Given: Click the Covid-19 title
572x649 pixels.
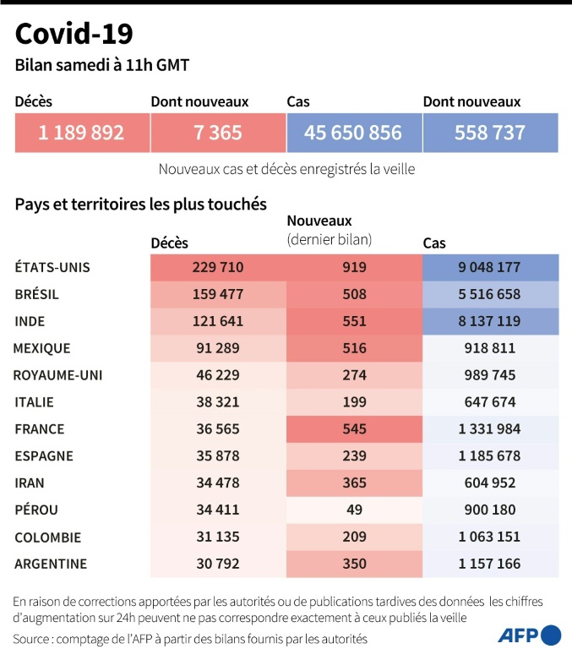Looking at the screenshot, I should click(x=74, y=34).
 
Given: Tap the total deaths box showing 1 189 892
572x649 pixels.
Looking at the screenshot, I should click(x=82, y=133).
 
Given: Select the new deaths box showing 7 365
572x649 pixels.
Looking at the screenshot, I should click(x=217, y=133).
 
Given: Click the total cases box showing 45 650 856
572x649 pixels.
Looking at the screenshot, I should click(x=353, y=133).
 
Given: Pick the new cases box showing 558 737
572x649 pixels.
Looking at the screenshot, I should click(x=490, y=133).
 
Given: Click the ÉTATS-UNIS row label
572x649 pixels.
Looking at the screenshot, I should click(x=52, y=268).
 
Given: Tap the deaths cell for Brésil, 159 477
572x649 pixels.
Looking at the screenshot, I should click(x=218, y=295).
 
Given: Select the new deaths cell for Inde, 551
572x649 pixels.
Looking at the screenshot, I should click(x=354, y=322).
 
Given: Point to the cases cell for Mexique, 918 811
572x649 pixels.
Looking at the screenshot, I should click(x=490, y=348).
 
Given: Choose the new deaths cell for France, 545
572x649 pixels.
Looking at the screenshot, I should click(x=354, y=429).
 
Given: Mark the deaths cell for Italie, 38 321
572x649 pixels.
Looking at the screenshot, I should click(x=218, y=402).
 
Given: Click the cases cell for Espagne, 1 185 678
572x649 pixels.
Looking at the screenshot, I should click(x=490, y=456).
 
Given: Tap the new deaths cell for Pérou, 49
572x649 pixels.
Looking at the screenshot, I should click(x=354, y=510).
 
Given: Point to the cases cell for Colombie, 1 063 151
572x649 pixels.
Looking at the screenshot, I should click(x=490, y=537).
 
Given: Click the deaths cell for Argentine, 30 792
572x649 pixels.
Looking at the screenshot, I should click(x=218, y=564).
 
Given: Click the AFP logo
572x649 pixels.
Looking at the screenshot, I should click(x=529, y=635).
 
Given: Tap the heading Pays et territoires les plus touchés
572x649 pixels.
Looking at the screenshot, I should click(x=141, y=205).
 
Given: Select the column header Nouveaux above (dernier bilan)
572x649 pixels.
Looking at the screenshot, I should click(x=320, y=221).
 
